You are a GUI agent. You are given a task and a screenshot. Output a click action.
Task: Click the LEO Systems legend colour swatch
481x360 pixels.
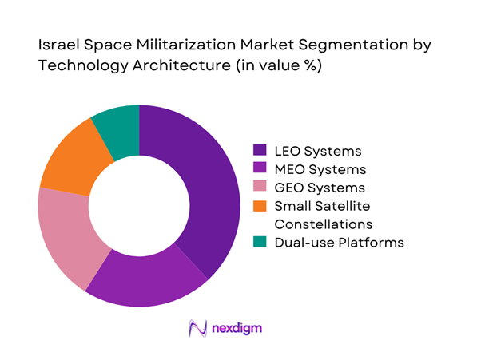(260, 150)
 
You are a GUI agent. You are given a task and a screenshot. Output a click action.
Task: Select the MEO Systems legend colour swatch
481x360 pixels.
(260, 169)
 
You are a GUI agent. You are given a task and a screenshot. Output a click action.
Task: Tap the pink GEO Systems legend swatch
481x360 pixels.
(260, 188)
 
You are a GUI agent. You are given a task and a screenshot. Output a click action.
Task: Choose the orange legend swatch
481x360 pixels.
(260, 207)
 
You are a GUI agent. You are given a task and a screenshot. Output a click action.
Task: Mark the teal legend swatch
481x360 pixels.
(260, 242)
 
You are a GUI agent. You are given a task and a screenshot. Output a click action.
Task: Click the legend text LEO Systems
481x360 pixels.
(318, 150)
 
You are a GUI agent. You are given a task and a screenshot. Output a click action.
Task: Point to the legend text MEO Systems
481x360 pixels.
(320, 169)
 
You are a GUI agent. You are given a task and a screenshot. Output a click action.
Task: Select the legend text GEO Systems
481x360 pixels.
(320, 188)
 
